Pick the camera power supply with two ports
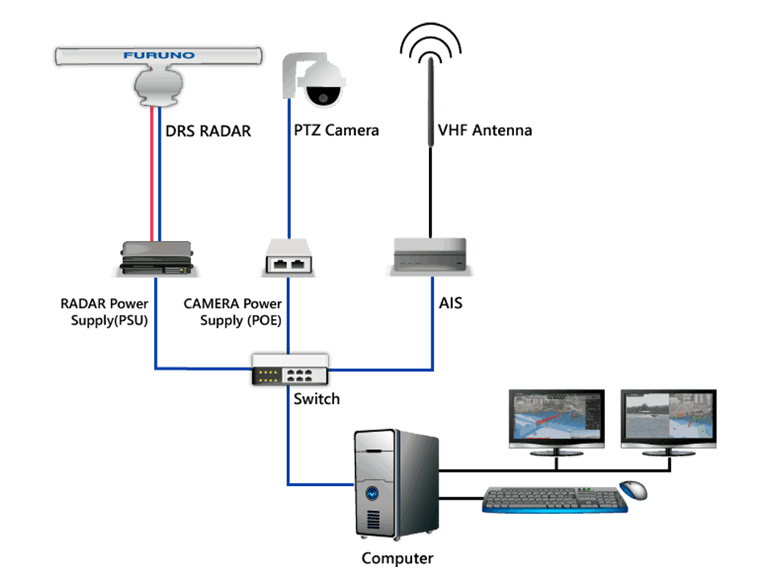click(x=288, y=259)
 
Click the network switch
click(x=289, y=370)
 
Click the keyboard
click(x=554, y=498)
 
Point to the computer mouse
click(x=633, y=488)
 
